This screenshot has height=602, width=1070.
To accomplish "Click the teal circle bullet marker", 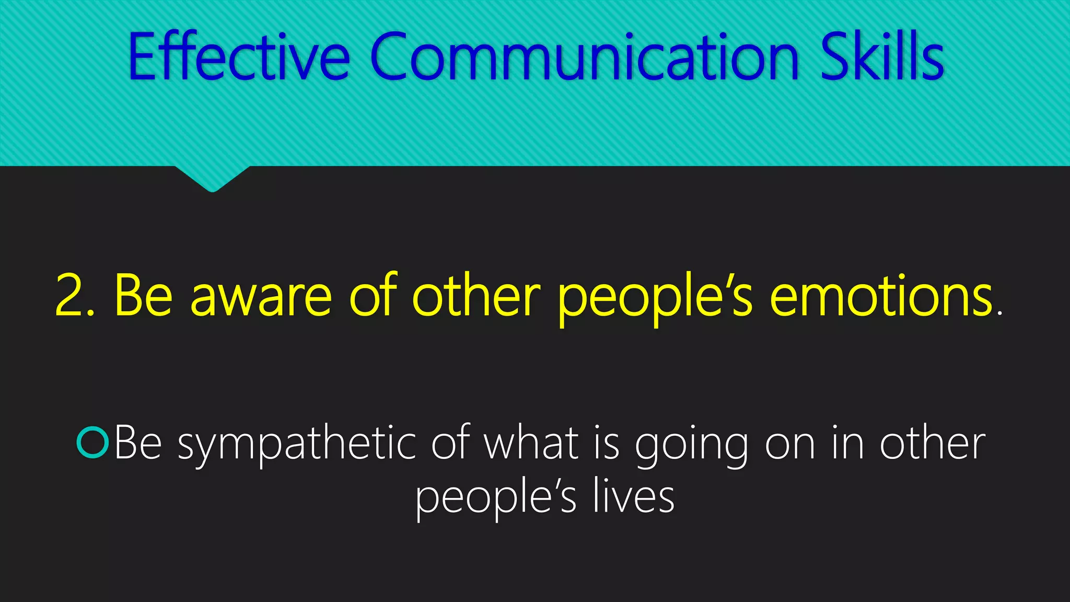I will point(92,443).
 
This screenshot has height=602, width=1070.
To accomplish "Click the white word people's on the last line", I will point(496,499).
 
